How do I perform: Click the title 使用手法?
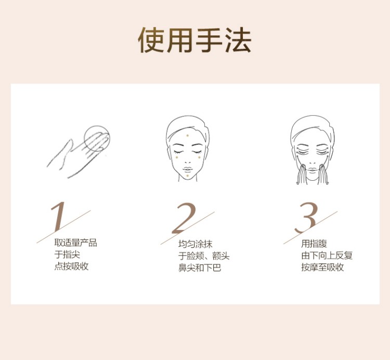[x=195, y=40]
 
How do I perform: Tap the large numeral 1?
[x=59, y=217]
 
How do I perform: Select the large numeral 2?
[x=184, y=218]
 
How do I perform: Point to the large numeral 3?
[x=306, y=218]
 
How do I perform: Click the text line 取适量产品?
[x=75, y=243]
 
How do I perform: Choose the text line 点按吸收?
[x=71, y=266]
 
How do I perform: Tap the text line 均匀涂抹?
[x=195, y=244]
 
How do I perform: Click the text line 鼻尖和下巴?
[x=200, y=268]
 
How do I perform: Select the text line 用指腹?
[x=314, y=244]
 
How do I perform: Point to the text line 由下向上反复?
[x=327, y=256]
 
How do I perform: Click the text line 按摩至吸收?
[x=322, y=267]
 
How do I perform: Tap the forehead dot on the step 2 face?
[x=188, y=136]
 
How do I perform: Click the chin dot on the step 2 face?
[x=187, y=176]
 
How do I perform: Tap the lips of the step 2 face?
[x=188, y=169]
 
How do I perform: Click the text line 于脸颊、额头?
[x=204, y=256]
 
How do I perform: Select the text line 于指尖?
[x=67, y=255]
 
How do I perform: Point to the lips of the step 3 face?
[x=313, y=170]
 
